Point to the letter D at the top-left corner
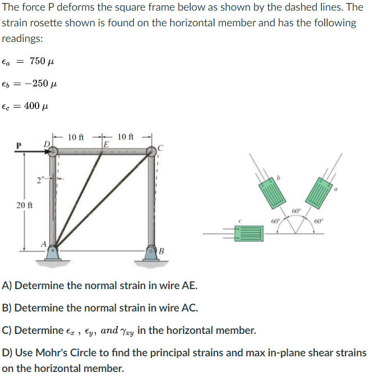click(x=47, y=145)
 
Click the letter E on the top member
click(x=105, y=145)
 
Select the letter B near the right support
click(x=162, y=250)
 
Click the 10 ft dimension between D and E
click(x=76, y=136)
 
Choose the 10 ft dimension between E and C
click(x=126, y=136)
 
